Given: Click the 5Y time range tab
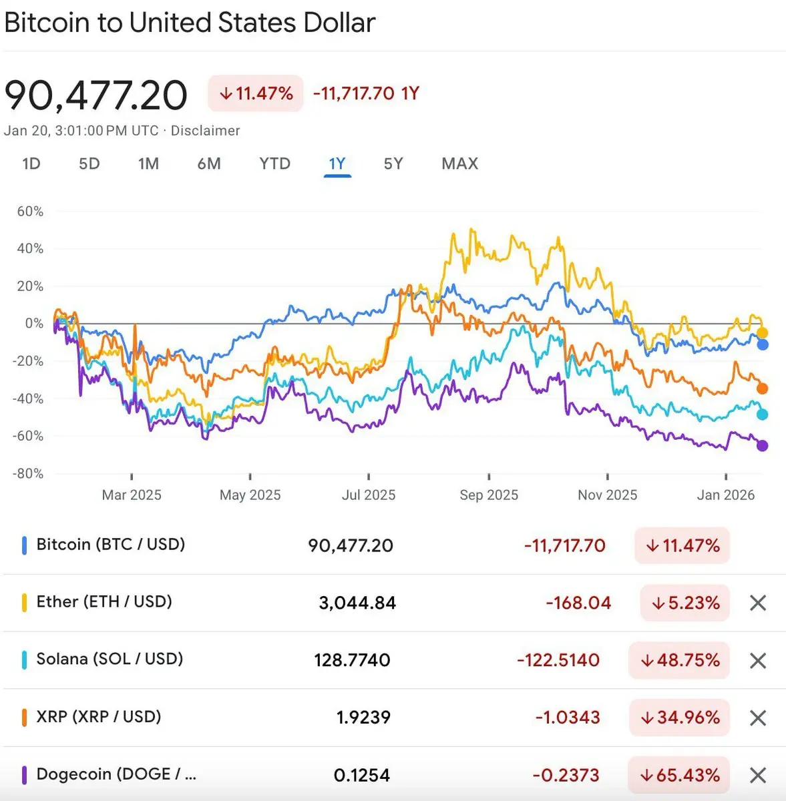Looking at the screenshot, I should pyautogui.click(x=393, y=164).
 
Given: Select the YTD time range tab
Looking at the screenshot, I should pyautogui.click(x=274, y=164).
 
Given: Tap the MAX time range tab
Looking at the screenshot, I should pyautogui.click(x=459, y=164).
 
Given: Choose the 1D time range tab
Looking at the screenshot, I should pyautogui.click(x=31, y=164).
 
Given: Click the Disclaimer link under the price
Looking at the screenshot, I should pyautogui.click(x=205, y=131).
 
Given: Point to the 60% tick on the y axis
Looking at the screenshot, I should pyautogui.click(x=30, y=212).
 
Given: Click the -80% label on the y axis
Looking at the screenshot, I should pyautogui.click(x=28, y=473).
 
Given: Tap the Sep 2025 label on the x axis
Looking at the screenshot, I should pyautogui.click(x=489, y=495).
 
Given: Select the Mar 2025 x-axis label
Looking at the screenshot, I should pyautogui.click(x=132, y=495).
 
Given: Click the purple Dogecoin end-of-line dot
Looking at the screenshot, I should pyautogui.click(x=762, y=445).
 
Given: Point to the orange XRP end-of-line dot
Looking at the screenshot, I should pyautogui.click(x=762, y=388).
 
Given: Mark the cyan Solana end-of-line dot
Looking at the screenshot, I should pyautogui.click(x=762, y=415).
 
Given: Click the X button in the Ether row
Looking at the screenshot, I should pyautogui.click(x=758, y=603).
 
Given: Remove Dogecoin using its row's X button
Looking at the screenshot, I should pyautogui.click(x=758, y=775).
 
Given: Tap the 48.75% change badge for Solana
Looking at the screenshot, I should pyautogui.click(x=679, y=660).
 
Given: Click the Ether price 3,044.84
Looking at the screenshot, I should pyautogui.click(x=357, y=603).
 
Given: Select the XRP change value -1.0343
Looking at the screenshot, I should pyautogui.click(x=568, y=718).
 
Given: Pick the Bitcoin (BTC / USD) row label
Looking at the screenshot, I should pyautogui.click(x=110, y=544).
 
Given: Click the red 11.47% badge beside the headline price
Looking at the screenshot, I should pyautogui.click(x=256, y=93).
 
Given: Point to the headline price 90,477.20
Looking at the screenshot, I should pyautogui.click(x=96, y=95).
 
